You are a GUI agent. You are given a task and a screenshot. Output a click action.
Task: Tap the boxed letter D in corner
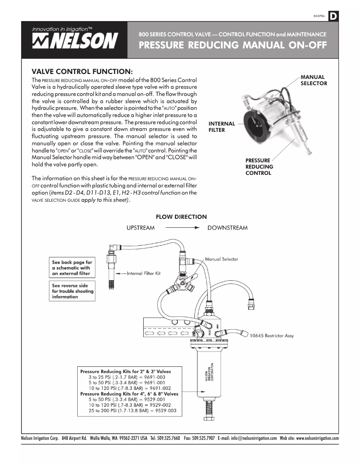point(334,17)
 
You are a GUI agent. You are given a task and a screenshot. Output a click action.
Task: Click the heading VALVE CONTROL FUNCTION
point(82,71)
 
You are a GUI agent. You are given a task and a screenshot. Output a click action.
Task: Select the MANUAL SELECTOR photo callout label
point(313,80)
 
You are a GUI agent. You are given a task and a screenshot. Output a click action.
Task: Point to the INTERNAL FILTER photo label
point(222,126)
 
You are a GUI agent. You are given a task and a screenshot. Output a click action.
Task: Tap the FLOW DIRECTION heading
point(181,217)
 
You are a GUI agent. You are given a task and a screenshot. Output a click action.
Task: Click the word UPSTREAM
point(140,228)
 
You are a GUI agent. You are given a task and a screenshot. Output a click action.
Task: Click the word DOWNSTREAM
point(227,228)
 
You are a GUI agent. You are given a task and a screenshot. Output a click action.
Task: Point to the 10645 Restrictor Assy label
point(272,335)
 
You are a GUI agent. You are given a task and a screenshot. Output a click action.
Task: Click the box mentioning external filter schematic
point(72,268)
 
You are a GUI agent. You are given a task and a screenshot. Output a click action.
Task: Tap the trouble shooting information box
point(72,291)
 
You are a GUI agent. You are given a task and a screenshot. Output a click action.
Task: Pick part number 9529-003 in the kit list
point(166,410)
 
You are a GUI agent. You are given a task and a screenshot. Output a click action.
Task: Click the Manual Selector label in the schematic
point(221,259)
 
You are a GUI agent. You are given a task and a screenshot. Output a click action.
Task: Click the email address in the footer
point(254,438)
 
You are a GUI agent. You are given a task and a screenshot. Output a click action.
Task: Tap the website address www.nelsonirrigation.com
point(317,438)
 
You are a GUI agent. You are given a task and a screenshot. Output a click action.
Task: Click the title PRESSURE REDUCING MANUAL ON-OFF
point(232,45)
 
